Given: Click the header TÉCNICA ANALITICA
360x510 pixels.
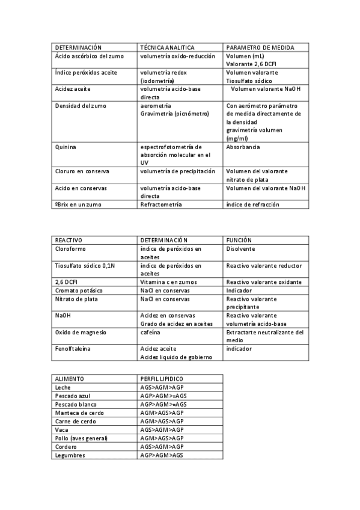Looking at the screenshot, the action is point(167,47).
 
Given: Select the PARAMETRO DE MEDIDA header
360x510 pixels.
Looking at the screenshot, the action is point(260,47).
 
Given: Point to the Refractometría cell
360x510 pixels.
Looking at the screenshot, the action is point(160,204).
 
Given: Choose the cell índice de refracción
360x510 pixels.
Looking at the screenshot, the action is point(252,204).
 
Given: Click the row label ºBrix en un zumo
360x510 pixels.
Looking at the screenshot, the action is point(78,204).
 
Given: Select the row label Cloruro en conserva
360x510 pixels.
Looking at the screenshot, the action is point(81,171).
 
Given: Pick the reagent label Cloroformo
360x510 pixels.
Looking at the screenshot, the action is point(72,248).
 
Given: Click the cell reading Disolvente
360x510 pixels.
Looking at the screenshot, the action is point(240,248).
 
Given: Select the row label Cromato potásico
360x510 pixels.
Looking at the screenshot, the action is point(78,290).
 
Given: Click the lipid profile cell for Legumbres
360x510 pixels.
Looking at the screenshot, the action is point(162,455).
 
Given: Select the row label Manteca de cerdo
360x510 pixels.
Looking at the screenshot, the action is point(79,413).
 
